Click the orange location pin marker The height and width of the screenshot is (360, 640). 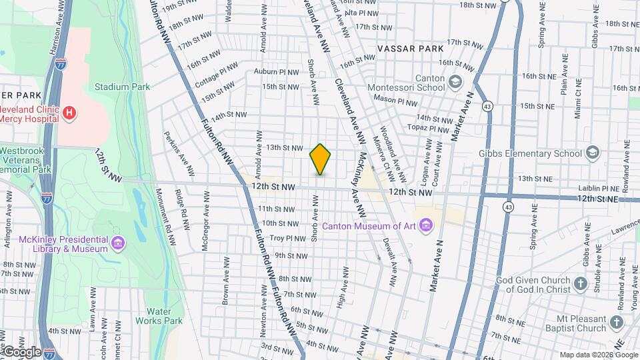pos(321,159)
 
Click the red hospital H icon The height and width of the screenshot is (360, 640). pos(69,113)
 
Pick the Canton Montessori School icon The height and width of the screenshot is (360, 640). pos(455,82)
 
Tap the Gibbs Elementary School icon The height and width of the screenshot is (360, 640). pos(591,153)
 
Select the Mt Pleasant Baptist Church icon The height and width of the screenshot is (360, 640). pos(617,323)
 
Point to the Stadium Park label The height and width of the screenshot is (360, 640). pos(122,87)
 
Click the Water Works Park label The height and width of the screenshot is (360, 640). pos(163,315)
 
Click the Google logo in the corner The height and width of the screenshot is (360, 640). pos(21,351)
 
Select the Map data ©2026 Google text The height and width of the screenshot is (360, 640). pos(599,355)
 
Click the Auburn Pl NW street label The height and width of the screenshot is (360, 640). pos(276,71)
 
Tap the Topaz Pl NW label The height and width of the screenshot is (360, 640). pos(430,129)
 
